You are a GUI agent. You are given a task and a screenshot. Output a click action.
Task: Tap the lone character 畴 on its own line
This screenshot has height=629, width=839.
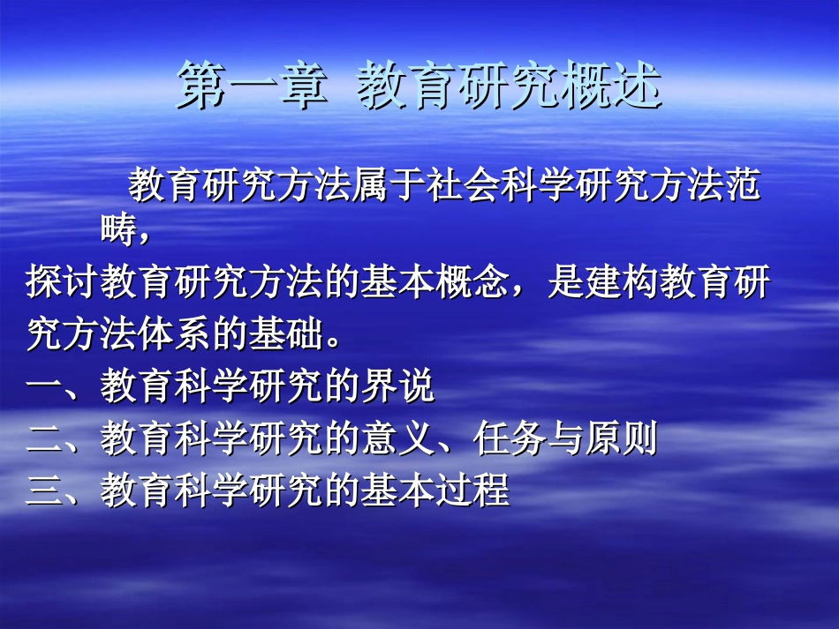point(117,230)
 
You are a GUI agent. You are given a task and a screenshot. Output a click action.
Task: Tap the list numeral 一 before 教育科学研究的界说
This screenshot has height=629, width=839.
point(43,387)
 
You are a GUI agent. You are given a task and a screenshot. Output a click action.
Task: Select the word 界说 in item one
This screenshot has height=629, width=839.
point(398,387)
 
